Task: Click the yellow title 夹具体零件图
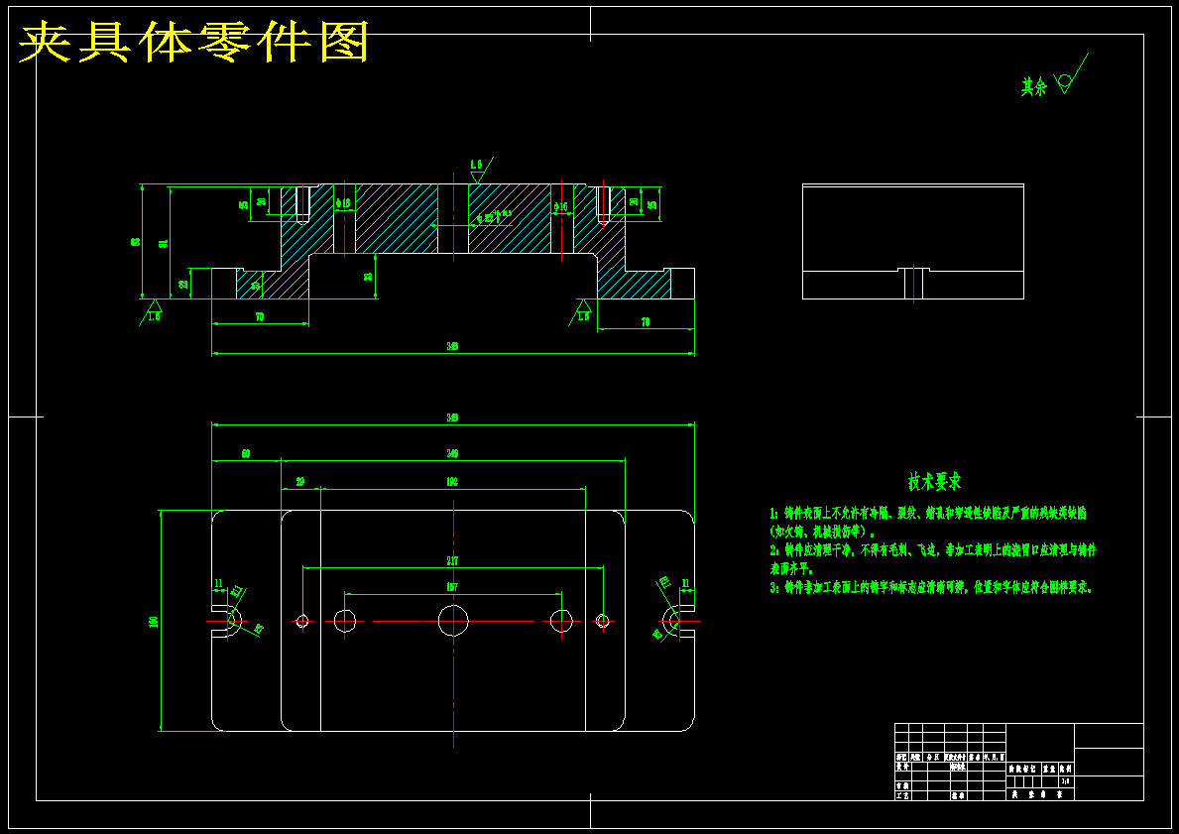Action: (x=194, y=42)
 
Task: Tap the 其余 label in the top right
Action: (x=1034, y=87)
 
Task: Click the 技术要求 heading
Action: (x=934, y=482)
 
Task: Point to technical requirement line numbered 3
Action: (x=931, y=587)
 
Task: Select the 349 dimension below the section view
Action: (x=452, y=346)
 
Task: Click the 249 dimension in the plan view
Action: (x=452, y=453)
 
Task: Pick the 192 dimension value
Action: (x=452, y=482)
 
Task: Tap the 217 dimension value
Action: (x=452, y=561)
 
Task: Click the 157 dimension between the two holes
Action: (x=452, y=587)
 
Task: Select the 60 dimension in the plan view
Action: (x=246, y=453)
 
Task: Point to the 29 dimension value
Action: (x=300, y=482)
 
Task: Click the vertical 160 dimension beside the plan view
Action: (x=154, y=622)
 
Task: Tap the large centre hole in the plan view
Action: (x=453, y=621)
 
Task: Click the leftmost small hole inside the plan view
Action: (x=303, y=622)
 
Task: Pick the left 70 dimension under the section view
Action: (x=260, y=317)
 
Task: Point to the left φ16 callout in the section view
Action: (x=344, y=203)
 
